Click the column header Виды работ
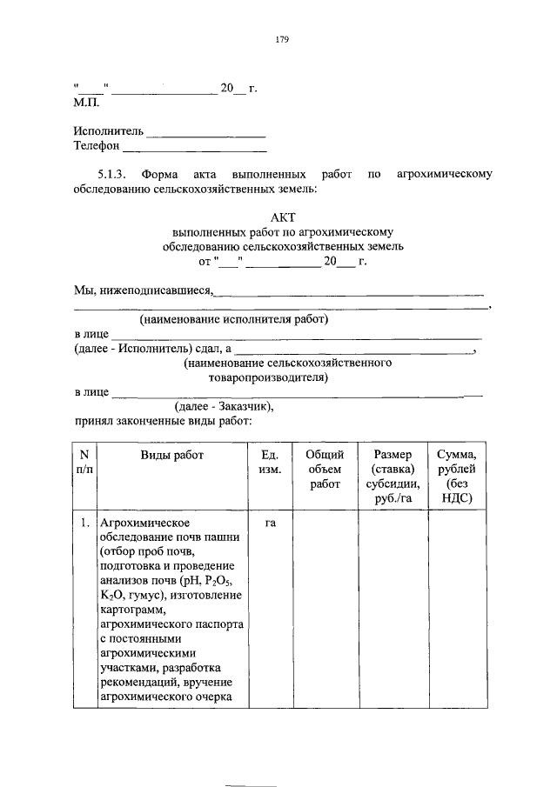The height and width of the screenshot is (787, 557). click(x=171, y=455)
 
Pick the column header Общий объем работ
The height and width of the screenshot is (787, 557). click(x=325, y=469)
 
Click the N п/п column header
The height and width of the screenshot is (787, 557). click(x=84, y=462)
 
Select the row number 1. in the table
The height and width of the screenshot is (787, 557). click(x=84, y=524)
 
